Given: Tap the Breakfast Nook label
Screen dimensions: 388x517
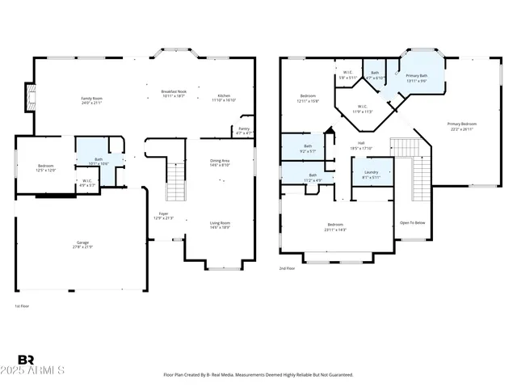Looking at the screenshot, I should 174,91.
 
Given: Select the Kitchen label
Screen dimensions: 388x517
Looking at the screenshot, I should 223,96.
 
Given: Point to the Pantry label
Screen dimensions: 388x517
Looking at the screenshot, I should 243,128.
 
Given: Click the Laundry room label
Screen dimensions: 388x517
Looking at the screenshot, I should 372,172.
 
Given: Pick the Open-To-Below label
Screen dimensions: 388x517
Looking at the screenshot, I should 411,223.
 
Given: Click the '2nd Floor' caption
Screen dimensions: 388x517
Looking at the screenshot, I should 288,268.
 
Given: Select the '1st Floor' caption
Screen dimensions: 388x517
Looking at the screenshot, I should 23,306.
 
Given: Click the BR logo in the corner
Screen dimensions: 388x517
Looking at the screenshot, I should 27,359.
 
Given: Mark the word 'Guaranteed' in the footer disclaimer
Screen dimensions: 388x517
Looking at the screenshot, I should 338,375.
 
